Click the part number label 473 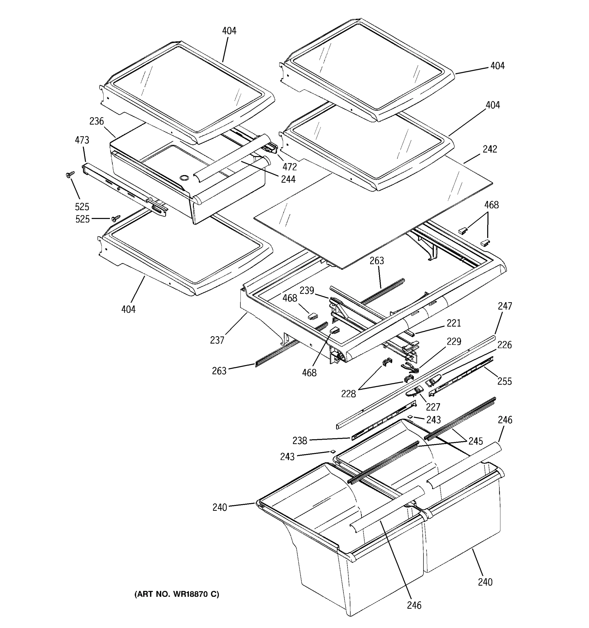point(82,140)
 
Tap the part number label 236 point(96,121)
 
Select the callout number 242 point(490,149)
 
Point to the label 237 point(217,340)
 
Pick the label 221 point(454,323)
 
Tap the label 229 point(454,341)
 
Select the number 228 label point(348,394)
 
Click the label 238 point(299,440)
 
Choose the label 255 point(504,381)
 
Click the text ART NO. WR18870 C point(177,594)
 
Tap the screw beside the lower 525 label point(116,218)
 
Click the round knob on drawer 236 point(183,178)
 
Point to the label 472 point(290,166)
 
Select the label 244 point(288,179)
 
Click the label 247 point(505,306)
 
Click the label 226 point(504,345)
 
